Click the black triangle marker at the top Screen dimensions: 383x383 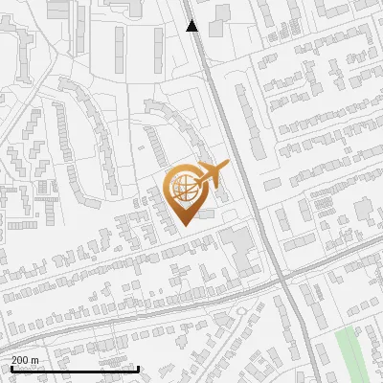(192, 26)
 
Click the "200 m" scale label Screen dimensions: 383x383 (25, 360)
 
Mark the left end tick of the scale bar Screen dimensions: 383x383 (11, 369)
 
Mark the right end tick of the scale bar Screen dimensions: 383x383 (139, 369)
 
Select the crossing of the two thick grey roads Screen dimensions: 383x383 (284, 278)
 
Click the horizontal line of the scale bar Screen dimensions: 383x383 (75, 369)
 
